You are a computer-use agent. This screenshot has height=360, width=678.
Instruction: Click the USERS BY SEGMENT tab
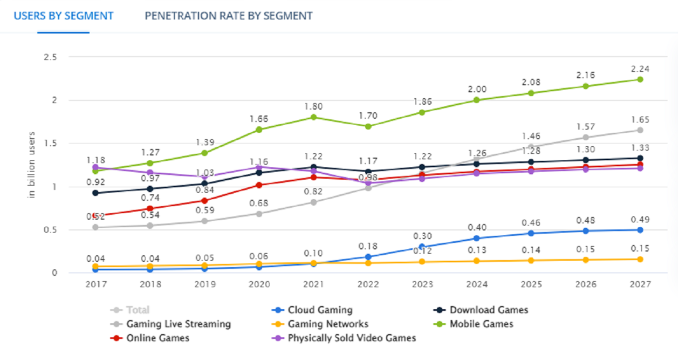pos(64,16)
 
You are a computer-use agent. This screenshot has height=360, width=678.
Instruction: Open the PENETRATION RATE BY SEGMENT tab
pos(228,16)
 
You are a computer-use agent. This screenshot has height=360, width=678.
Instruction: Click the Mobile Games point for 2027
pos(640,79)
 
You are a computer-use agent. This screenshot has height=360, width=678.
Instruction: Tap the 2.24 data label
pos(640,69)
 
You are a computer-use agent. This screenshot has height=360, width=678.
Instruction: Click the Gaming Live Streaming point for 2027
pos(640,130)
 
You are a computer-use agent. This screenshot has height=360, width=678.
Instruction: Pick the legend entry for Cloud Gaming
pos(320,310)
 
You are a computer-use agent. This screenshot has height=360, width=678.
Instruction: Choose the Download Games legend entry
pos(489,310)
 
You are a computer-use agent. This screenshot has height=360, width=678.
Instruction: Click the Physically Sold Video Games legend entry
pos(352,338)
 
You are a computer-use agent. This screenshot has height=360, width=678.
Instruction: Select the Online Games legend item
pos(157,338)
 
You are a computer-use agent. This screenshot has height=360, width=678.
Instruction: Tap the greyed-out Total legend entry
pos(138,310)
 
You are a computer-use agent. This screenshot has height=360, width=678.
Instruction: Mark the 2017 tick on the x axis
pos(95,284)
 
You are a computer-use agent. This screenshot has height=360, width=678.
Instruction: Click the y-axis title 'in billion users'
pos(32,165)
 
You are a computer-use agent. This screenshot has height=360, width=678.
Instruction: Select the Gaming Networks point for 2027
pos(640,259)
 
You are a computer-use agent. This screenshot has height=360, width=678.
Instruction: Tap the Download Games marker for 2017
pos(95,193)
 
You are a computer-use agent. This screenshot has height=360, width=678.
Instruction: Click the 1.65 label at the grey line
pos(640,120)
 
